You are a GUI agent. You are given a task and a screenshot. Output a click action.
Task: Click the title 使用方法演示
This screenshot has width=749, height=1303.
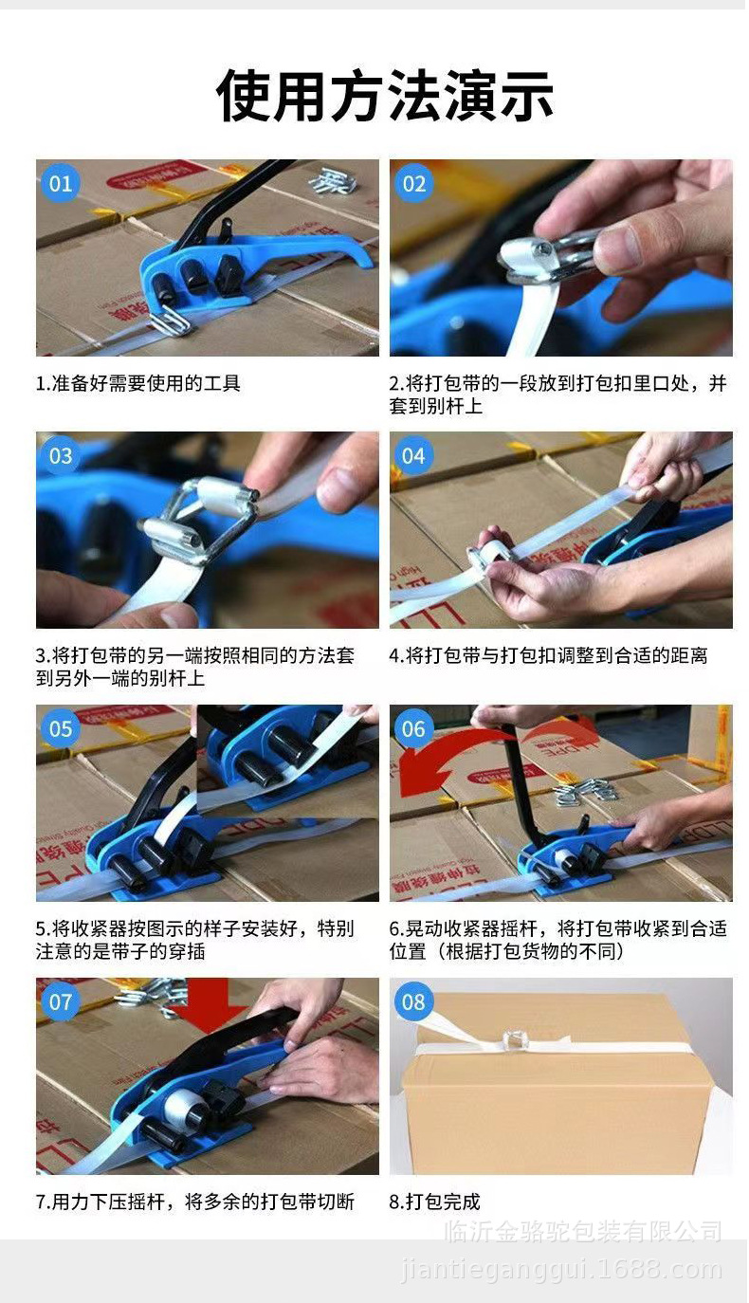[x=385, y=95]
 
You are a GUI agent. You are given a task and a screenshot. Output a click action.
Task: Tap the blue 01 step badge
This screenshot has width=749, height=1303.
[x=61, y=183]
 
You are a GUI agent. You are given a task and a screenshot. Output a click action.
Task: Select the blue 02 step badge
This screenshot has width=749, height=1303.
[x=414, y=183]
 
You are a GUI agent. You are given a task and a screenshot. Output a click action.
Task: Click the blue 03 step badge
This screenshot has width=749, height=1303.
[x=61, y=456]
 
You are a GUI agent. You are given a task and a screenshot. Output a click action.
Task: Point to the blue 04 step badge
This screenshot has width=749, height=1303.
[x=414, y=456]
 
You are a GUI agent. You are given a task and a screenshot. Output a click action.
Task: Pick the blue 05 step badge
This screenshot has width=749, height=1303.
[x=61, y=728]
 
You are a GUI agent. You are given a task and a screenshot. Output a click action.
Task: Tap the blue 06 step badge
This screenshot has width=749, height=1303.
[x=414, y=728]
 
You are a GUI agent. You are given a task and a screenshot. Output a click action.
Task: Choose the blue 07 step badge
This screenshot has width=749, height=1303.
[x=61, y=1001]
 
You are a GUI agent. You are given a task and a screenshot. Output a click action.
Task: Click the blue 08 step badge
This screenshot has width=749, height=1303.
[x=414, y=1001]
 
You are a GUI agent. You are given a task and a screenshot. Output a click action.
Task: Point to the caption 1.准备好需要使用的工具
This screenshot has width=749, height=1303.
[x=138, y=383]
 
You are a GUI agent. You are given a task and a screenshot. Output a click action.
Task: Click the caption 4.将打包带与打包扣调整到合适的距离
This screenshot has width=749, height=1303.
[x=549, y=655]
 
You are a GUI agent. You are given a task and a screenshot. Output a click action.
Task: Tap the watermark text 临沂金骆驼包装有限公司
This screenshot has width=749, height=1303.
[x=583, y=1232]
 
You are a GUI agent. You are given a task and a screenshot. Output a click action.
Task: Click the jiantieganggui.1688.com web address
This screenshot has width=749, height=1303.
[x=561, y=1270]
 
